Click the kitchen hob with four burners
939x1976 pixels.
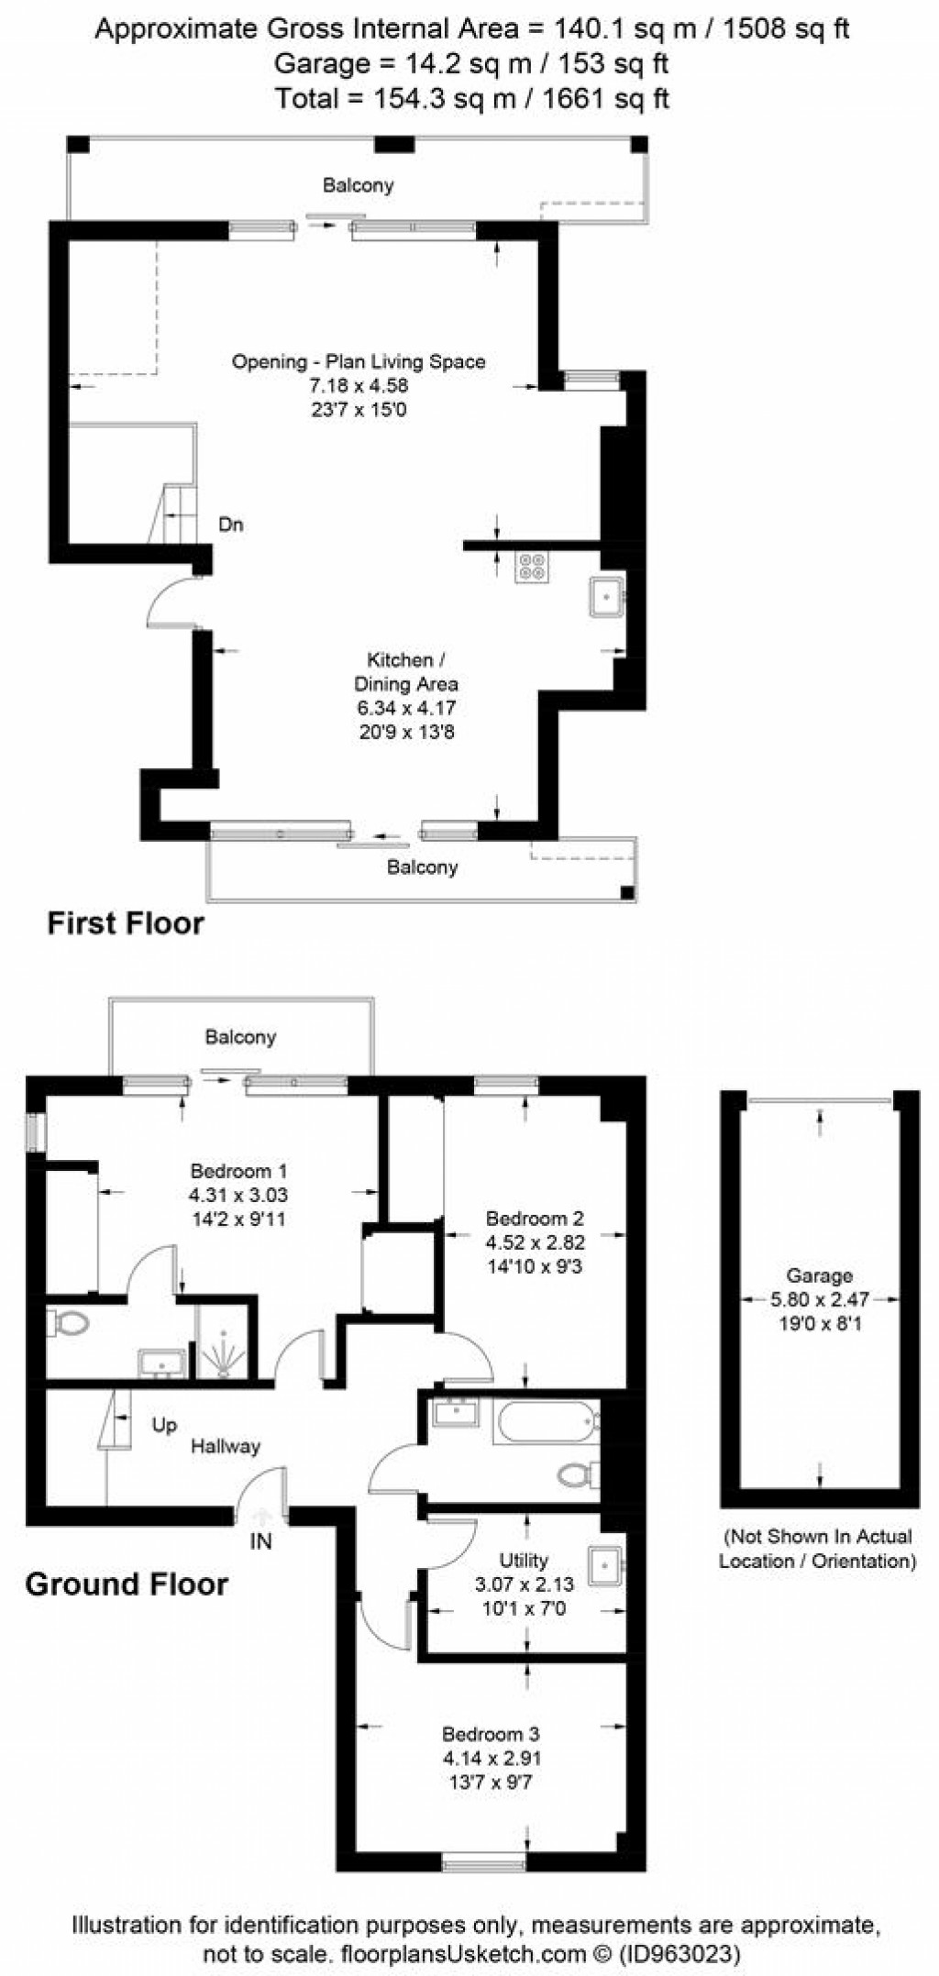(x=532, y=568)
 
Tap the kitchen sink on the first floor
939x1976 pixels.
(x=606, y=597)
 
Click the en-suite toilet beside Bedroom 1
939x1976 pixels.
(x=69, y=1322)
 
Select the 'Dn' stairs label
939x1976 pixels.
(x=231, y=525)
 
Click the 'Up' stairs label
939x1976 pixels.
(x=164, y=1425)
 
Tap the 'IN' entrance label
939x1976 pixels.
(x=261, y=1541)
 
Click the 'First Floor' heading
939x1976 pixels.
(x=126, y=922)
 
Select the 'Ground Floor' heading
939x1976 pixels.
(x=127, y=1584)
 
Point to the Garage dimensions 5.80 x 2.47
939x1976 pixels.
(x=819, y=1299)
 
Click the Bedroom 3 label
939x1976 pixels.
(x=491, y=1734)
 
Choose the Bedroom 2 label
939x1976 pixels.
(x=535, y=1219)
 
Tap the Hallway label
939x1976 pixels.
(x=226, y=1446)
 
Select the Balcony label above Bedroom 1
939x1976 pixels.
(x=240, y=1037)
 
